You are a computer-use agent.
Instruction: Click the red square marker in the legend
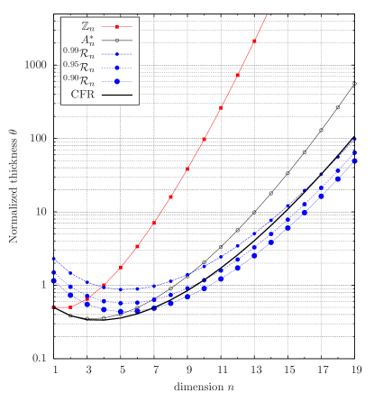coord(117,27)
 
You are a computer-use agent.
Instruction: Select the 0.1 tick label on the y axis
coord(41,359)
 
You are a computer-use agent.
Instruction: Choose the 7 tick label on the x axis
coord(155,370)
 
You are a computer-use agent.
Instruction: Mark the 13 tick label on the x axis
coord(255,370)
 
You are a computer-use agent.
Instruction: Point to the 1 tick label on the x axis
coord(55,370)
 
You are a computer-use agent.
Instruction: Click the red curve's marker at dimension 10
coord(205,139)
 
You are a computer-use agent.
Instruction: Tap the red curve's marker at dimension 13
coord(255,41)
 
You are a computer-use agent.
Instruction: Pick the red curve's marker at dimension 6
coord(138,246)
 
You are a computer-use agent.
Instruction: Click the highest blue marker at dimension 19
coord(355,139)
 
